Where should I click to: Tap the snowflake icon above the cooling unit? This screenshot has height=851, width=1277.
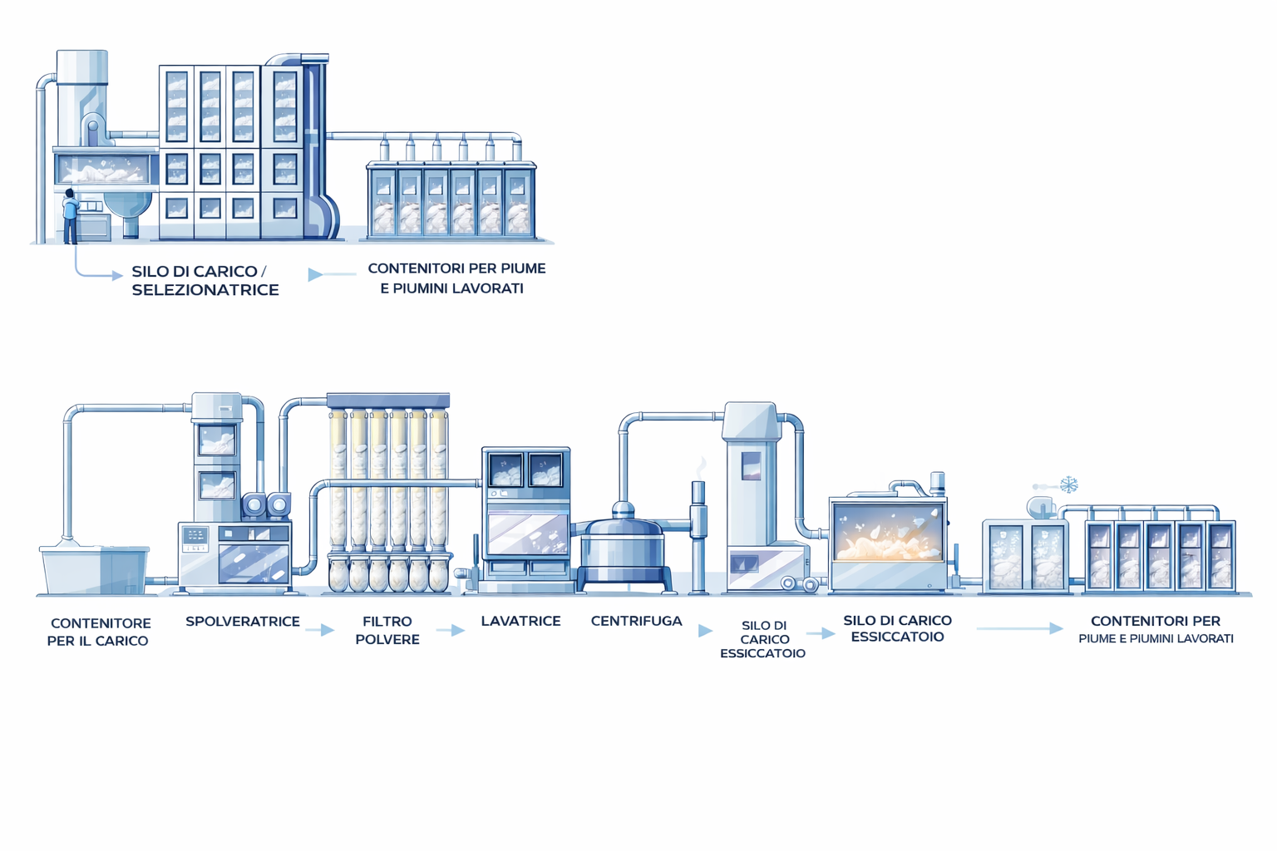coord(1069,484)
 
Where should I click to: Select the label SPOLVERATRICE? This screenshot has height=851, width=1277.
coord(242,622)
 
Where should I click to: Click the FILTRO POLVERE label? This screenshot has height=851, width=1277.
coord(387,630)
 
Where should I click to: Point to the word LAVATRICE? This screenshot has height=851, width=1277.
coord(520,621)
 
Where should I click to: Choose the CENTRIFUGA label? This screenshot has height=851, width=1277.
coord(636,621)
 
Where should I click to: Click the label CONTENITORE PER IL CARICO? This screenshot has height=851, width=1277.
coord(99,632)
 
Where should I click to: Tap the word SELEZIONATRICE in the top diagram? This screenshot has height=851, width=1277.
coord(205,290)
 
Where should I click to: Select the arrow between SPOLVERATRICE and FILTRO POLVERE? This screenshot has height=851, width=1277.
coord(319,631)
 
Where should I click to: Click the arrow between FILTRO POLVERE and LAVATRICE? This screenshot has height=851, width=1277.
coord(451,631)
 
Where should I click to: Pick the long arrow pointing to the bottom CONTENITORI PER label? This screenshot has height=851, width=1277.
coord(1019,628)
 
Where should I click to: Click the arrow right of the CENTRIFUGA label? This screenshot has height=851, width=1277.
coord(705,631)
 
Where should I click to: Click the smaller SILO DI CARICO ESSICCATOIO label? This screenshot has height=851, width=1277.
coord(763,639)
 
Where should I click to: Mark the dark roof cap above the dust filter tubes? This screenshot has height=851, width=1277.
coord(388,401)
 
